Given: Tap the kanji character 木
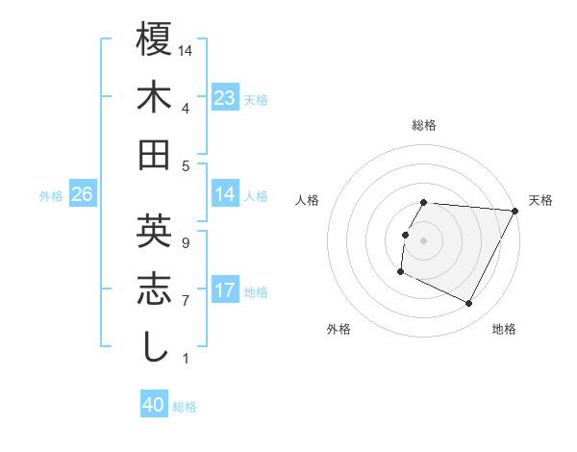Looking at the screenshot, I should pyautogui.click(x=155, y=97).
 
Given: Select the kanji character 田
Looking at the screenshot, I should pyautogui.click(x=155, y=154).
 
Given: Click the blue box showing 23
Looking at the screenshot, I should pyautogui.click(x=224, y=98).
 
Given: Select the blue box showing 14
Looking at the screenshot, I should pyautogui.click(x=224, y=194).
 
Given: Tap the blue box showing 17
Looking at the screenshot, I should pyautogui.click(x=224, y=290).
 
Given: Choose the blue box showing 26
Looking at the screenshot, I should pyautogui.click(x=82, y=195).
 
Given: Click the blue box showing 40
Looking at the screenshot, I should pyautogui.click(x=154, y=406).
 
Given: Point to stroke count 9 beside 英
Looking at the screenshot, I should pyautogui.click(x=186, y=242).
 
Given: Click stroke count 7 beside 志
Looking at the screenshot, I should pyautogui.click(x=186, y=301).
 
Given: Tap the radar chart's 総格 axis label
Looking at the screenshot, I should pyautogui.click(x=424, y=125).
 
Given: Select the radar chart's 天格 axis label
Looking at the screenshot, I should pyautogui.click(x=540, y=200).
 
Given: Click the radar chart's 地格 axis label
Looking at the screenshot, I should pyautogui.click(x=504, y=329).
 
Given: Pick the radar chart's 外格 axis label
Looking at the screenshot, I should pyautogui.click(x=339, y=329).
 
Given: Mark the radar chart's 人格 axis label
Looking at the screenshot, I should pyautogui.click(x=308, y=200).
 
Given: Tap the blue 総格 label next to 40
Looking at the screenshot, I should pyautogui.click(x=185, y=407).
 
